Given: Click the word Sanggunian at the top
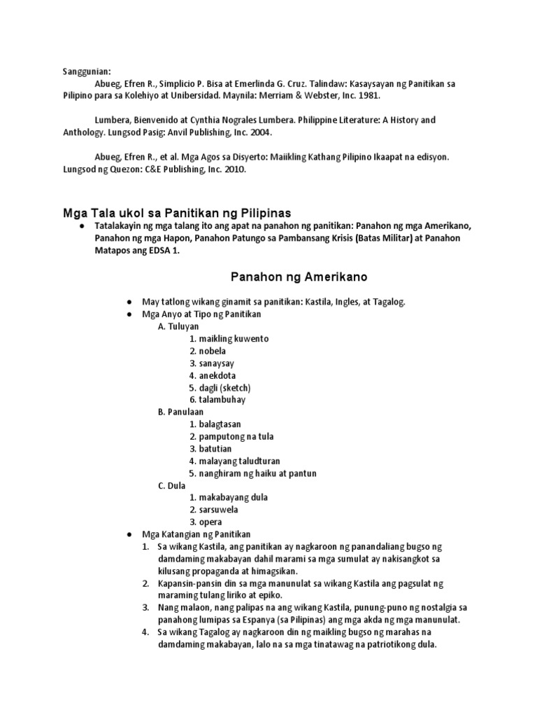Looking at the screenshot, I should (x=83, y=71).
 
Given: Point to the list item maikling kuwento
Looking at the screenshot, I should (x=229, y=338).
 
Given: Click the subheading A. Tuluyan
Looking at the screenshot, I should (x=178, y=326).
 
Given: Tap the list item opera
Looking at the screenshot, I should (x=210, y=522).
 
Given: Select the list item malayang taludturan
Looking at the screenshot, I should (x=238, y=461).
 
